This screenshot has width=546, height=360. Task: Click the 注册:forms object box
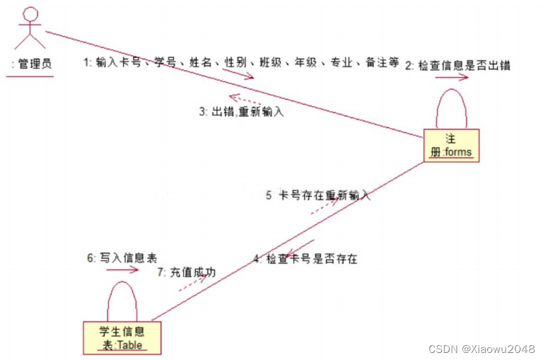pos(451,144)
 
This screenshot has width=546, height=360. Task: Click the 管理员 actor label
pos(33,64)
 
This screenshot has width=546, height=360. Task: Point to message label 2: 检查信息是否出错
pos(458,65)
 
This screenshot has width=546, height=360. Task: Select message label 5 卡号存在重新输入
pos(318,195)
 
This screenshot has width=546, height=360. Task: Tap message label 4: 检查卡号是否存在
pos(306,259)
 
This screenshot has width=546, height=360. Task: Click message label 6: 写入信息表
pos(118,258)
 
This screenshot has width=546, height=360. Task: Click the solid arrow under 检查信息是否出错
pos(451,79)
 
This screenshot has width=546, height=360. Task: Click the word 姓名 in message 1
pos(201,62)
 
